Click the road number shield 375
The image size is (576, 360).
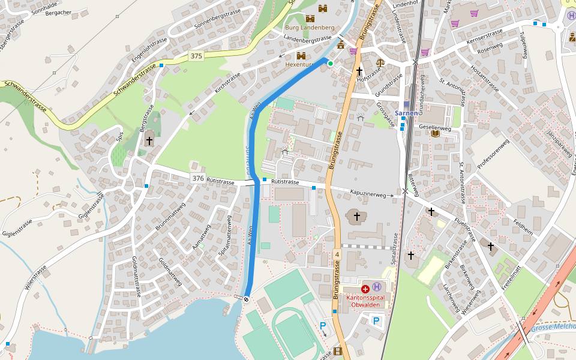196,56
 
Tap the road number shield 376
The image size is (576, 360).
198,178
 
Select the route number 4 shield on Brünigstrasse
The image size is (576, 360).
337,255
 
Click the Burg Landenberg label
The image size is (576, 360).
310,28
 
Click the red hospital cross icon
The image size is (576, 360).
365,288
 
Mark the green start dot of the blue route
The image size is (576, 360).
330,63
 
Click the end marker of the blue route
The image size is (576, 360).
246,299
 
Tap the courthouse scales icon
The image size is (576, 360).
380,62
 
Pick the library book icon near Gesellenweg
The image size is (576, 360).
435,133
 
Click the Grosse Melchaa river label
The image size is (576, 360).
553,326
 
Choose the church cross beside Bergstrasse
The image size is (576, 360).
149,140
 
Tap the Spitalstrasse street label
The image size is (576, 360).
395,250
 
